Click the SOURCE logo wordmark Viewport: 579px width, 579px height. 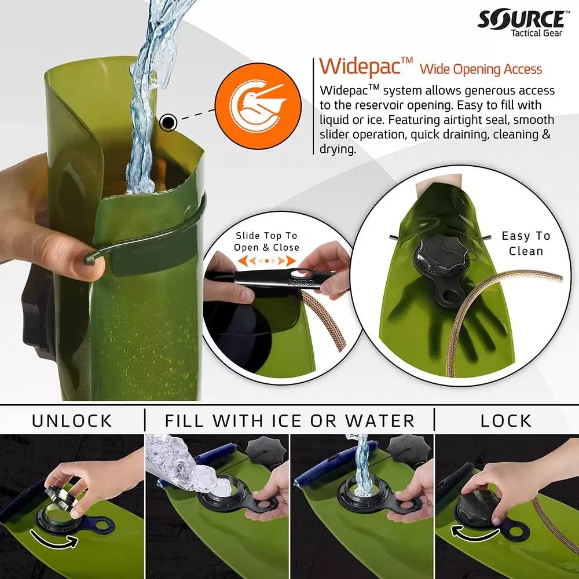pyautogui.click(x=521, y=19)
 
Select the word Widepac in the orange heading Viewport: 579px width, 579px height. pyautogui.click(x=360, y=67)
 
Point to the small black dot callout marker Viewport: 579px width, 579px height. pyautogui.click(x=168, y=122)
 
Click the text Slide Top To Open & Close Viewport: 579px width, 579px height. pyautogui.click(x=266, y=241)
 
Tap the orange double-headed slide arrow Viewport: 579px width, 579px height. pyautogui.click(x=266, y=261)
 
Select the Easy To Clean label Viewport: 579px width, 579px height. pyautogui.click(x=526, y=243)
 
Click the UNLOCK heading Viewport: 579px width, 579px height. pyautogui.click(x=72, y=421)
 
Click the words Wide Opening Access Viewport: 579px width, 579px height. pyautogui.click(x=481, y=69)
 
